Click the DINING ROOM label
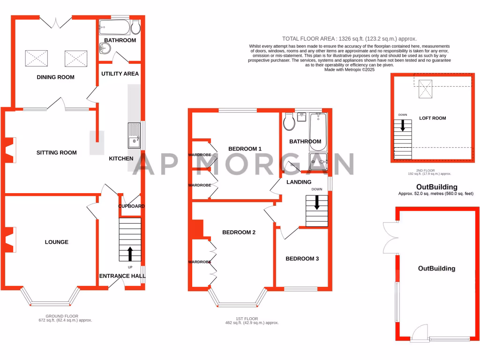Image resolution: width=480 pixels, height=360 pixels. click(x=55, y=77)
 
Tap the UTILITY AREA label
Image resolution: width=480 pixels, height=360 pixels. click(x=120, y=74)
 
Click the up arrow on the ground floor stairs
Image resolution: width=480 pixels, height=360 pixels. click(x=130, y=254)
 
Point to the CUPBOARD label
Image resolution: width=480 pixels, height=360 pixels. click(x=131, y=206)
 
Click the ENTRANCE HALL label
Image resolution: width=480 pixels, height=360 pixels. click(x=122, y=276)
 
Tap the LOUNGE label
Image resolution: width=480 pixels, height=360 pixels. click(x=57, y=242)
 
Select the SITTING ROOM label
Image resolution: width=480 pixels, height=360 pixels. click(x=57, y=152)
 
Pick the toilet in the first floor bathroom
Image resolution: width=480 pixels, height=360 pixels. click(x=289, y=122)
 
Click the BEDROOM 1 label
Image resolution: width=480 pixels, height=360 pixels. click(x=245, y=149)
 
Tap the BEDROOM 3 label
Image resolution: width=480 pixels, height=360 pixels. click(x=302, y=258)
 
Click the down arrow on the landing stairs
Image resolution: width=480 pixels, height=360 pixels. click(x=317, y=202)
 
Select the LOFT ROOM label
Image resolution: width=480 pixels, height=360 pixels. click(x=432, y=118)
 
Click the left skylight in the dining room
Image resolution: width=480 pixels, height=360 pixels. click(x=36, y=59)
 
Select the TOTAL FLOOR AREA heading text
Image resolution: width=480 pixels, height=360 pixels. click(x=349, y=39)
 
